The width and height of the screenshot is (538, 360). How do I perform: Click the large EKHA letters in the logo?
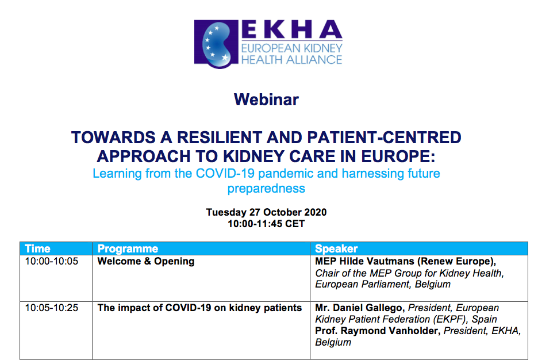[x=292, y=29]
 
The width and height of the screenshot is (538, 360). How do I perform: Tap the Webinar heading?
[x=266, y=99]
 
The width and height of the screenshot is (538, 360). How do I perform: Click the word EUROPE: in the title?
[x=398, y=156]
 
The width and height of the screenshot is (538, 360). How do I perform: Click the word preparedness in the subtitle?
[x=266, y=189]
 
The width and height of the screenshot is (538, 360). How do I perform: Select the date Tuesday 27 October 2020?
[x=266, y=212]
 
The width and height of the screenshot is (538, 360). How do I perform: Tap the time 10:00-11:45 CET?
[x=266, y=224]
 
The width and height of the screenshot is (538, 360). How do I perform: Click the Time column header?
[x=38, y=248]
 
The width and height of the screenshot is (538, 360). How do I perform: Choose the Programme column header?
[x=128, y=248]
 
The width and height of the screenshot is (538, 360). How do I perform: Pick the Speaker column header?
[x=336, y=248]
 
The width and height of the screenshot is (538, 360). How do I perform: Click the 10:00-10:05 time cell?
[x=52, y=261]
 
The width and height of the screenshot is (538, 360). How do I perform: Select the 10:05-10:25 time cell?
[x=52, y=308]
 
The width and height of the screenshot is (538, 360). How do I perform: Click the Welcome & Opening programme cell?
[x=146, y=261]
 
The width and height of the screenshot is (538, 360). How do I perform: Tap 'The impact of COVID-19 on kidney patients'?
[x=199, y=308]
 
